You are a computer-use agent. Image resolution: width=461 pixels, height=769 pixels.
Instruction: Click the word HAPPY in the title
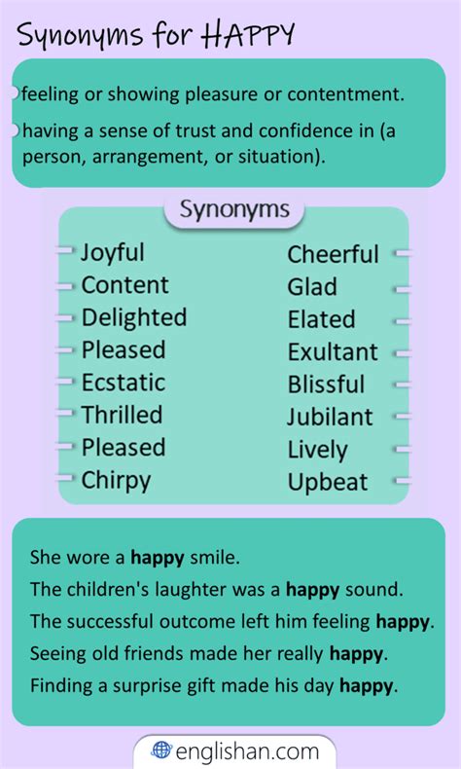247,35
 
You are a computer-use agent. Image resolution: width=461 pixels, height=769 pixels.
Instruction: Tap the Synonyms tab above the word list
234,210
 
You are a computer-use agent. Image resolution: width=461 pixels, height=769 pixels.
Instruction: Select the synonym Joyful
112,253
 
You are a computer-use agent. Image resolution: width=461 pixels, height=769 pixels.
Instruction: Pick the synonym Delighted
134,316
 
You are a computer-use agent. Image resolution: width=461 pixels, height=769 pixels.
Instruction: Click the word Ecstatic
123,383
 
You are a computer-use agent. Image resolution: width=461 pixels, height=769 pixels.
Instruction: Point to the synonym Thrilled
122,415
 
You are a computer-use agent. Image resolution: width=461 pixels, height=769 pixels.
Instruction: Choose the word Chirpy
116,481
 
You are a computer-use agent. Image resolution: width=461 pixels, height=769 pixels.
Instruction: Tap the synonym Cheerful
333,254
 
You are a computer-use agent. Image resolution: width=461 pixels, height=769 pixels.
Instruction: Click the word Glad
312,287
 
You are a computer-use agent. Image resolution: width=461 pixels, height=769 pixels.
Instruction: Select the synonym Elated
321,319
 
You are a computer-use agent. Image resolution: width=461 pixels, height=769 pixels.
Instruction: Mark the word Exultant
333,352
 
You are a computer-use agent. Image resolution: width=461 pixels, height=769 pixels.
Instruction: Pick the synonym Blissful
326,384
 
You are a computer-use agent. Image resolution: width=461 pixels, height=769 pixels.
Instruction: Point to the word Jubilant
330,418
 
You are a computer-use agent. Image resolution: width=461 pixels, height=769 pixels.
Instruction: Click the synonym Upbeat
327,483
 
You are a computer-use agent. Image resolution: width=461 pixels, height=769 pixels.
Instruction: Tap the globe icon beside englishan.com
161,750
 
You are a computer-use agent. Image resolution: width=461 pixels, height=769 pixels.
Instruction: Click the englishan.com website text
247,751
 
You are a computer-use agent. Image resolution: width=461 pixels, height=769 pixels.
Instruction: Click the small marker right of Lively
402,450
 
